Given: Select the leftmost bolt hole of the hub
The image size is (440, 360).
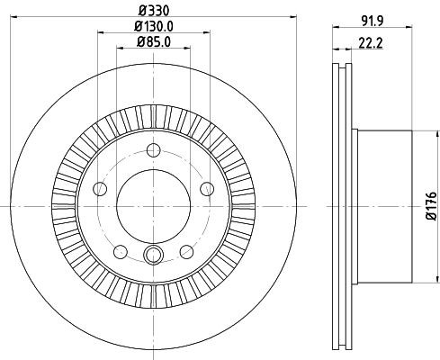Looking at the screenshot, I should pos(100,189).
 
